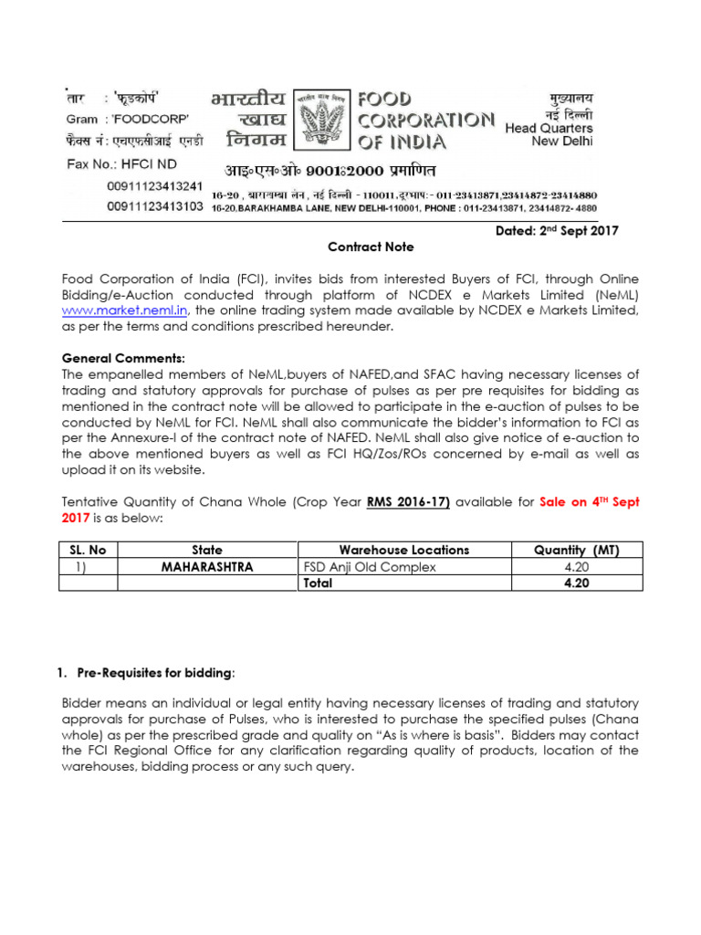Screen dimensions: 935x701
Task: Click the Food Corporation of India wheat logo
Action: (x=323, y=119)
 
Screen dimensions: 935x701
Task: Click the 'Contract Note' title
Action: (x=371, y=247)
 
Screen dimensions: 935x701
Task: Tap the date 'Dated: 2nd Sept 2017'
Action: (x=557, y=231)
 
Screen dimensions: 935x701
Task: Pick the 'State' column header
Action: (x=207, y=550)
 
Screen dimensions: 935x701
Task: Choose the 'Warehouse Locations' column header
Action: (x=404, y=550)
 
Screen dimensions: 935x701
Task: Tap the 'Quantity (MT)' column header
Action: (x=577, y=550)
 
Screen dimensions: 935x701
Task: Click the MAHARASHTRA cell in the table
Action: (x=207, y=566)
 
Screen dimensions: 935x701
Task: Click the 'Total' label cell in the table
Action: (x=318, y=583)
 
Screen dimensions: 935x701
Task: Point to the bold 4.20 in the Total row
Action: (x=577, y=583)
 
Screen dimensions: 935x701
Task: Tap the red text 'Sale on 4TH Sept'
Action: (x=589, y=500)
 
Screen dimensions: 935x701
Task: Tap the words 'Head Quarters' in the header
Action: (x=549, y=129)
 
